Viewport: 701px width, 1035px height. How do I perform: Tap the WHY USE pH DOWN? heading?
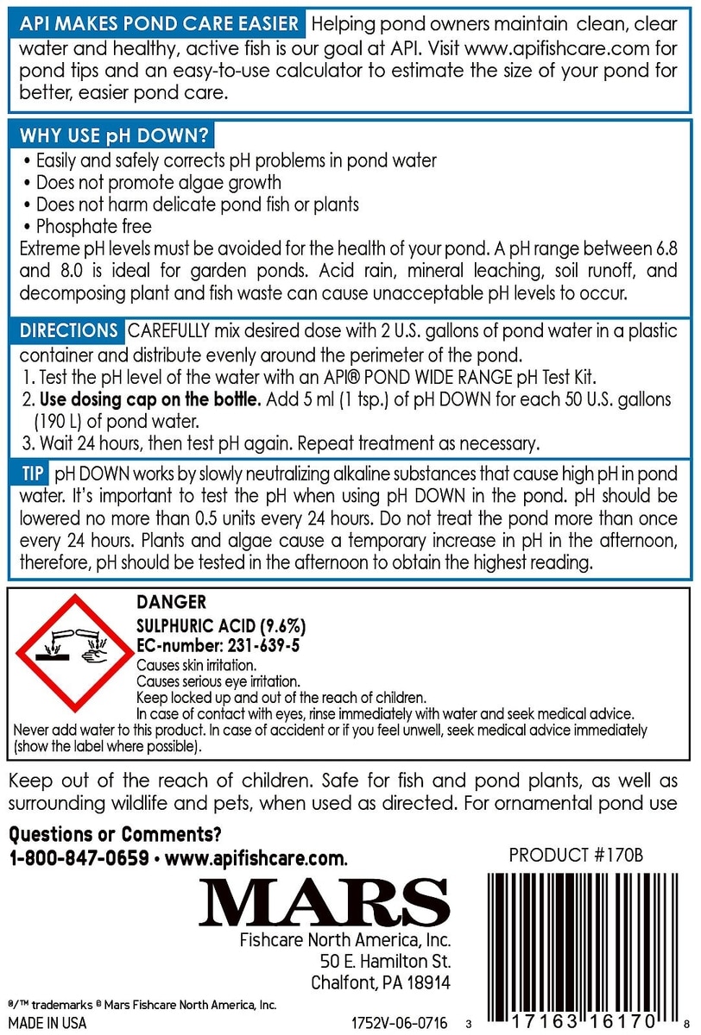[111, 137]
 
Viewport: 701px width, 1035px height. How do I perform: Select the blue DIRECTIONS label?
[68, 331]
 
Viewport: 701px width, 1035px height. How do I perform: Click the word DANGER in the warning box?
[172, 603]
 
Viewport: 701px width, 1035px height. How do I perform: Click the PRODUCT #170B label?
[577, 856]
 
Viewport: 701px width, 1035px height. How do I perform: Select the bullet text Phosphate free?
[94, 227]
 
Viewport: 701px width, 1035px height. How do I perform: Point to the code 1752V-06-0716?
[401, 1023]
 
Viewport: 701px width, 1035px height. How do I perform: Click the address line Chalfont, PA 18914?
[381, 983]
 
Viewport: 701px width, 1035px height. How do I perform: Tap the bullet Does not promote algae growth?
[159, 182]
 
